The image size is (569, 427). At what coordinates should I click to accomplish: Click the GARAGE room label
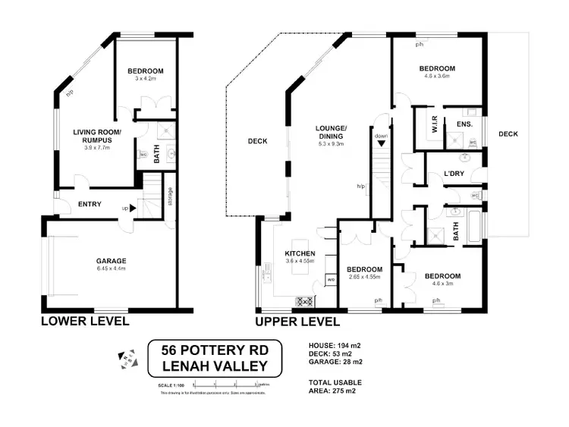click(110, 259)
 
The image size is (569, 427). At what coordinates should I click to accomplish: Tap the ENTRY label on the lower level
click(90, 203)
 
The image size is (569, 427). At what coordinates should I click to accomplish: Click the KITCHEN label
click(299, 253)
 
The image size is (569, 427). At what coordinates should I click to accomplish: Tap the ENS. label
click(464, 124)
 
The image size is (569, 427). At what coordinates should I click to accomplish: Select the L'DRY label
click(454, 174)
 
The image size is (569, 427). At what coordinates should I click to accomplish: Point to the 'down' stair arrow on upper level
click(381, 137)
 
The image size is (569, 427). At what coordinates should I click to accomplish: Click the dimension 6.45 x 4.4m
click(110, 268)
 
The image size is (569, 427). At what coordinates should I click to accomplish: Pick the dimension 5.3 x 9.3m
click(332, 143)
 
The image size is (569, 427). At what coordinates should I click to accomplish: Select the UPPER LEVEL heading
click(297, 321)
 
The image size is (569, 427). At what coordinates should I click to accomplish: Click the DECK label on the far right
click(508, 134)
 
